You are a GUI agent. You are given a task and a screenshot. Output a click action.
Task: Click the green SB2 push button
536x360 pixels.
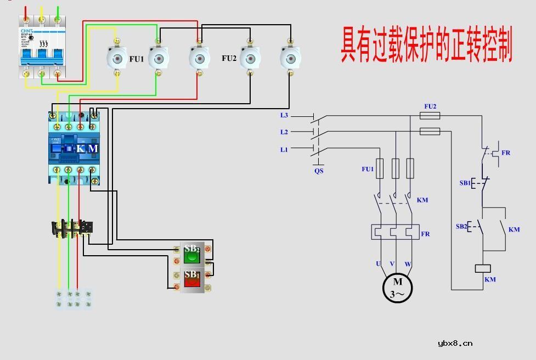click(191, 254)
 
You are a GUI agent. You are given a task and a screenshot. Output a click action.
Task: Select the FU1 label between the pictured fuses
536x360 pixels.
click(137, 59)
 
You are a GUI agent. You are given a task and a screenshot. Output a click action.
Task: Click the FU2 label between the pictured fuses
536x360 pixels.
click(229, 58)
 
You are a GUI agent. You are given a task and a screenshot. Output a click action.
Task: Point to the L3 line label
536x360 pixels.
click(284, 115)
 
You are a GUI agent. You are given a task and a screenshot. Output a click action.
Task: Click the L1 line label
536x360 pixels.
click(284, 149)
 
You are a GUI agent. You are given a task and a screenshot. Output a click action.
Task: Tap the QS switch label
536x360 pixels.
click(319, 171)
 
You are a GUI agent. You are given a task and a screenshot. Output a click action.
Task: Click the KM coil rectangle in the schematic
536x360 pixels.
click(482, 268)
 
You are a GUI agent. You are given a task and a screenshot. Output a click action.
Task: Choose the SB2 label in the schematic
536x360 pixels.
click(461, 226)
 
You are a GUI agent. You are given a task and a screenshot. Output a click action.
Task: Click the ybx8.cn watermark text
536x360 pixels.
click(455, 344)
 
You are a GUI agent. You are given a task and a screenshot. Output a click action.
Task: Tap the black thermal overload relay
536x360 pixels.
click(72, 228)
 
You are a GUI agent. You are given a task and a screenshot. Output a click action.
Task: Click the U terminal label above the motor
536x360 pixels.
click(378, 264)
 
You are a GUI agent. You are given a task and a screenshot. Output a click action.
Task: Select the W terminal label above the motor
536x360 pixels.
click(408, 264)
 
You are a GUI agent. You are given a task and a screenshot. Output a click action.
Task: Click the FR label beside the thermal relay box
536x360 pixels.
click(425, 234)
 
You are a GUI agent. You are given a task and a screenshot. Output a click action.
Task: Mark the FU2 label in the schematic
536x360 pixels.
click(430, 106)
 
